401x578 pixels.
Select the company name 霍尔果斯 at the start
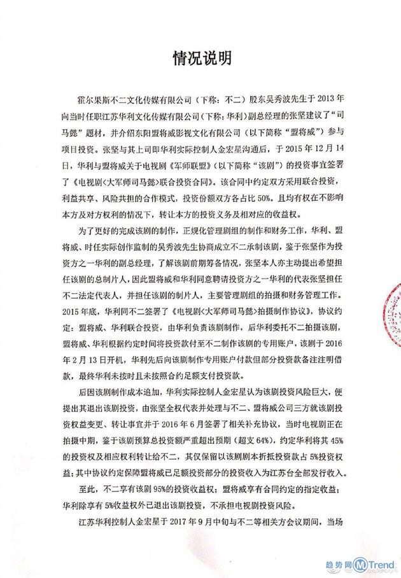88,99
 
